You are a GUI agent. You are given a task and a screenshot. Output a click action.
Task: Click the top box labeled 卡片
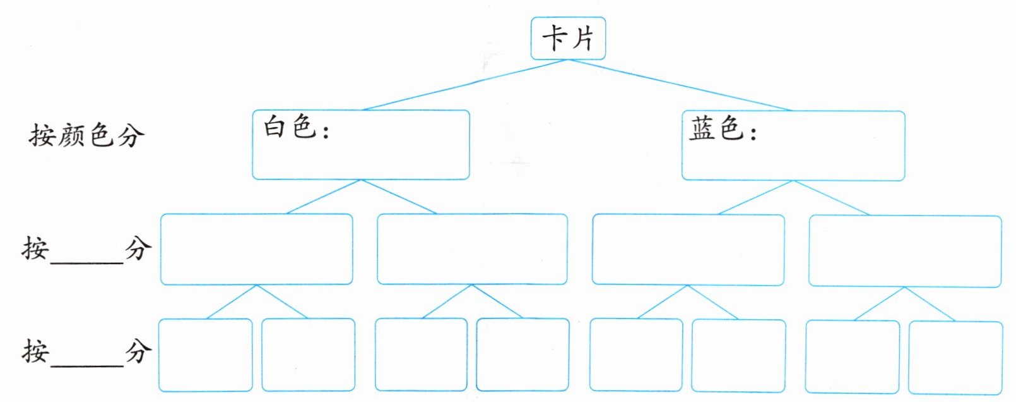568,39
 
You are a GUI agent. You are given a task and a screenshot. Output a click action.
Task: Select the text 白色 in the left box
289,127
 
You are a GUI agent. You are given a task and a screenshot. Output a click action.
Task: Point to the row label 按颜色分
86,135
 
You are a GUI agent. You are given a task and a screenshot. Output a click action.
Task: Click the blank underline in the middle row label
87,260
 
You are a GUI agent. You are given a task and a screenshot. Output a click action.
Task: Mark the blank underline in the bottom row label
87,364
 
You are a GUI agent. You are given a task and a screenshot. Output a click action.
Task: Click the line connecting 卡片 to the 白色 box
466,85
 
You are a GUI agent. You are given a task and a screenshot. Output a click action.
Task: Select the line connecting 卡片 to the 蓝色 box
680,85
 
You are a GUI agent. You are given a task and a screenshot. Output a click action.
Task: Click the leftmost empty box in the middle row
256,249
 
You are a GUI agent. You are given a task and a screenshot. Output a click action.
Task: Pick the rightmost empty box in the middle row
905,251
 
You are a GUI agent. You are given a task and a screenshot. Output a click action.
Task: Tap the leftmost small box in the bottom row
205,355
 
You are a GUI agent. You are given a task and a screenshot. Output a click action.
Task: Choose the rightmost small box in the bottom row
955,357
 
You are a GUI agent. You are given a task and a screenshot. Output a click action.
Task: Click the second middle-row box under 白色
472,249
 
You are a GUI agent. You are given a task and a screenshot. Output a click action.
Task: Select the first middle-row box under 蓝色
688,250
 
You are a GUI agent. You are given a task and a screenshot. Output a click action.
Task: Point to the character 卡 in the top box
555,38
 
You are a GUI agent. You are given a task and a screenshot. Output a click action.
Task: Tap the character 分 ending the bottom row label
138,351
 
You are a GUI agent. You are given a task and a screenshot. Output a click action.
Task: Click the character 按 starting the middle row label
35,248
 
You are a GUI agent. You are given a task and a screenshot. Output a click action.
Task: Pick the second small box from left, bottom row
308,355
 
